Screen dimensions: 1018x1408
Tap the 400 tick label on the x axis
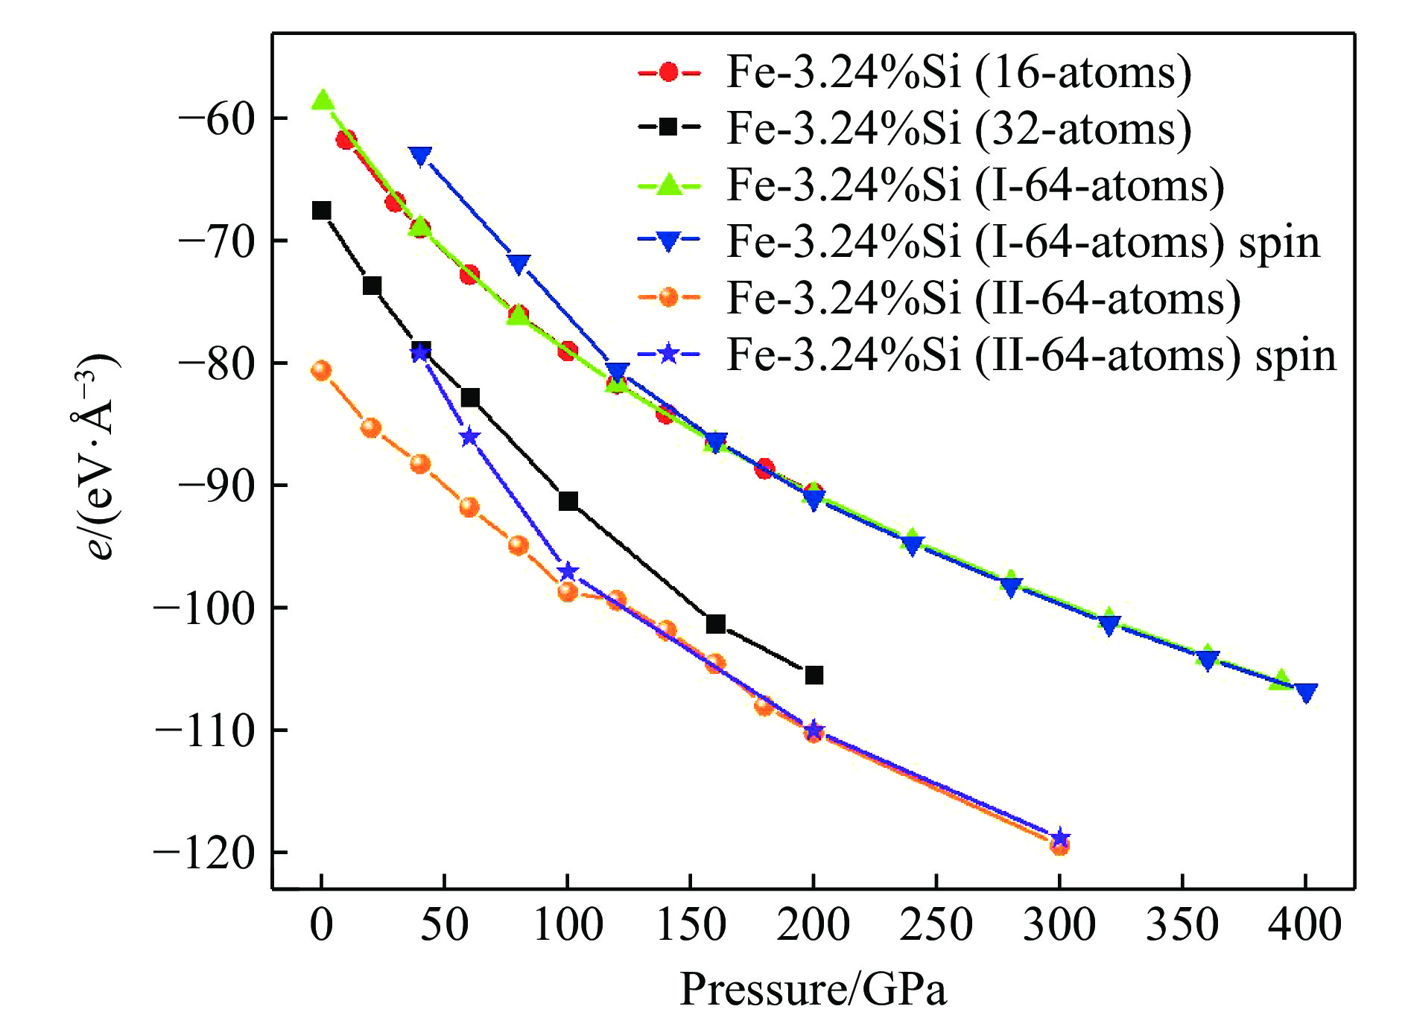pyautogui.click(x=1304, y=925)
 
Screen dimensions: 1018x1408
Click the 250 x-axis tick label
pyautogui.click(x=936, y=925)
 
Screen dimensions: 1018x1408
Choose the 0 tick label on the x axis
pyautogui.click(x=322, y=925)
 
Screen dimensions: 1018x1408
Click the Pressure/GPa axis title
pyautogui.click(x=813, y=989)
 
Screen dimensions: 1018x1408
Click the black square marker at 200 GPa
pyautogui.click(x=814, y=675)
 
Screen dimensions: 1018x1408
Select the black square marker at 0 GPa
pyautogui.click(x=322, y=211)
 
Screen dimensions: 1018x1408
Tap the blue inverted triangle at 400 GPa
pyautogui.click(x=1305, y=693)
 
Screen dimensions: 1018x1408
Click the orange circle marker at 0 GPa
pyautogui.click(x=322, y=371)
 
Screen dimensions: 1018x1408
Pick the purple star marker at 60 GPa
pyautogui.click(x=469, y=437)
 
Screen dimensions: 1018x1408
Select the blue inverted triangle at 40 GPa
pyautogui.click(x=421, y=156)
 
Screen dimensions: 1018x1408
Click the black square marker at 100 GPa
pyautogui.click(x=568, y=501)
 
